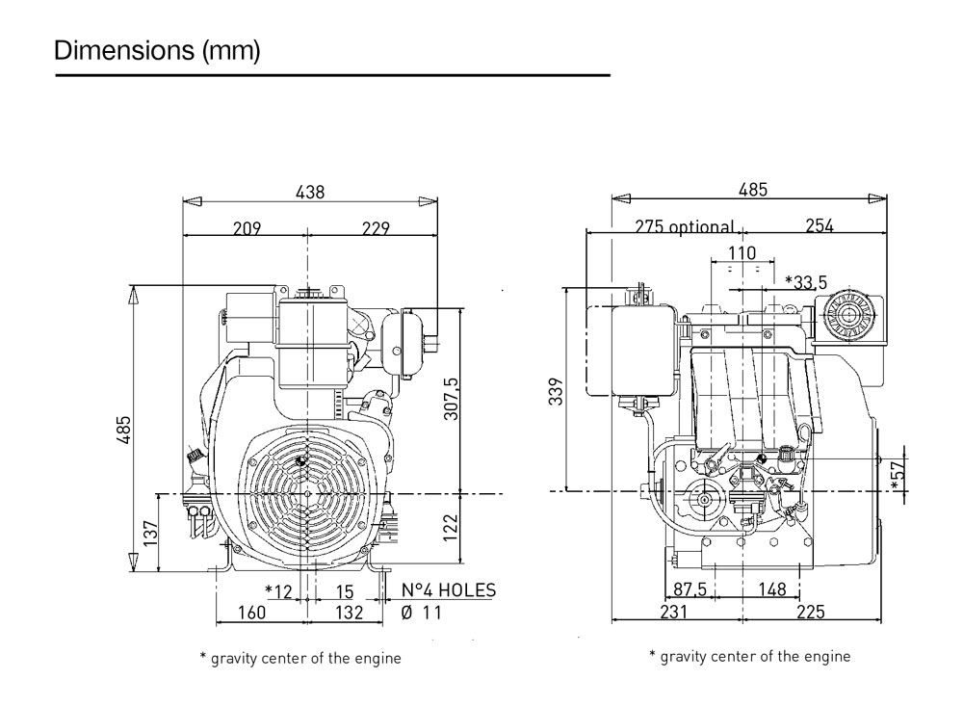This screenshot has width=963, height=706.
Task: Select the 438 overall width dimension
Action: [x=310, y=192]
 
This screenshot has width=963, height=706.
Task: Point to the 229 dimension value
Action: [x=375, y=228]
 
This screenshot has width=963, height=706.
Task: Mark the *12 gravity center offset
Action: [x=277, y=590]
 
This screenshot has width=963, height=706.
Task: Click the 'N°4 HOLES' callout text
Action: [x=448, y=590]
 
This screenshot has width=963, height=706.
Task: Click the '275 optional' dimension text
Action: [x=685, y=228]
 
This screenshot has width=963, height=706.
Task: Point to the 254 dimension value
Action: [x=818, y=226]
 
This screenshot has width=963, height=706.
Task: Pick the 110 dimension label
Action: [x=741, y=252]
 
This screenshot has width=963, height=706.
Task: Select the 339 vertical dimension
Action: [x=556, y=389]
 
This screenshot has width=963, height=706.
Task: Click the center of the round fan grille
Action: [x=305, y=493]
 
